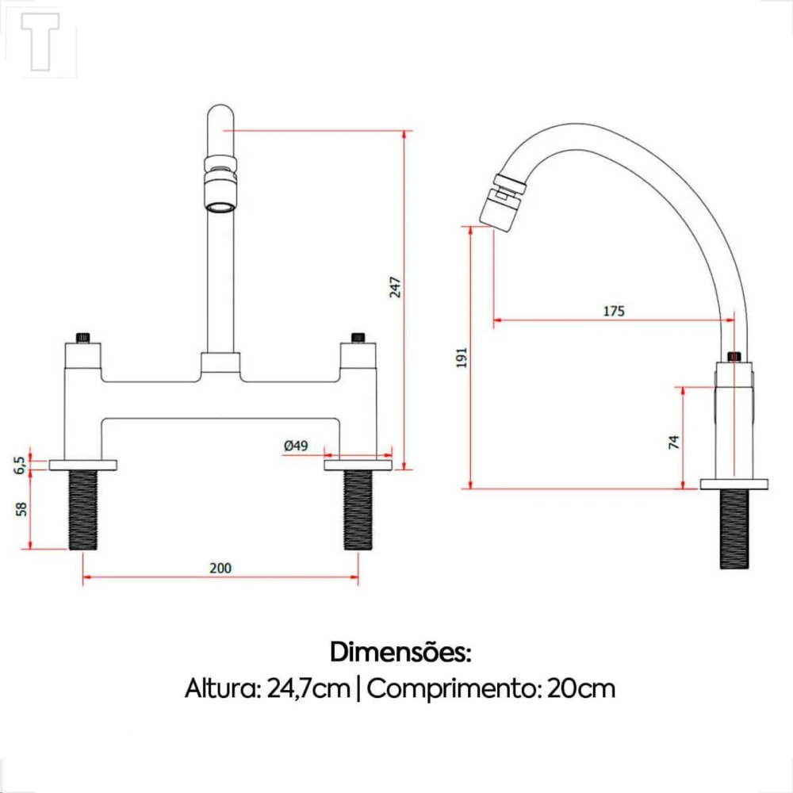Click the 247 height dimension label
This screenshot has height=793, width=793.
[396, 286]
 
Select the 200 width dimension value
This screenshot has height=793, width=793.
[220, 568]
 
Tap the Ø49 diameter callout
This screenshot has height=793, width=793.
[295, 446]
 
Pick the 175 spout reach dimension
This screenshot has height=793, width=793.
[614, 311]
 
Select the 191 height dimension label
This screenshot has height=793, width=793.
[463, 357]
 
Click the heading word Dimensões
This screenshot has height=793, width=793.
[400, 653]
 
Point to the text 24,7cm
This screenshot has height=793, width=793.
[308, 688]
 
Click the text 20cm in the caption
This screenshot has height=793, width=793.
[581, 688]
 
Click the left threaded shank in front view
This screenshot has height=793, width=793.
[83, 509]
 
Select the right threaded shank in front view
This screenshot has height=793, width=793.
[358, 509]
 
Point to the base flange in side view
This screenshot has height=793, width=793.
[734, 484]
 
